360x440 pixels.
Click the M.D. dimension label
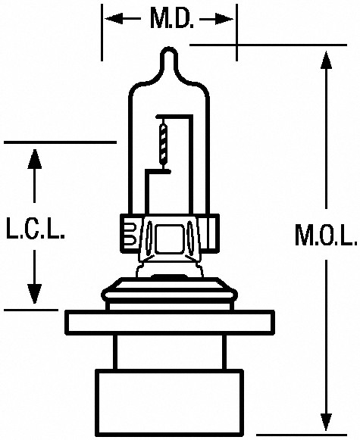pyautogui.click(x=172, y=19)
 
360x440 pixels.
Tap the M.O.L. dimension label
pyautogui.click(x=326, y=234)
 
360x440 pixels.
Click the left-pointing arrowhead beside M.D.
pyautogui.click(x=114, y=19)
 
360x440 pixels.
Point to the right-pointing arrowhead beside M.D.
pyautogui.click(x=224, y=20)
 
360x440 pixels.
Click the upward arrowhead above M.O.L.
pyautogui.click(x=326, y=60)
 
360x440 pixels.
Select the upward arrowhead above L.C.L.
pyautogui.click(x=35, y=159)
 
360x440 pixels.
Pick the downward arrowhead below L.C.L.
pyautogui.click(x=35, y=294)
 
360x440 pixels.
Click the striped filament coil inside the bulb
pyautogui.click(x=163, y=143)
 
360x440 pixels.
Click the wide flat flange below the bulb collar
pyautogui.click(x=170, y=323)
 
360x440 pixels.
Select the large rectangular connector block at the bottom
pyautogui.click(x=170, y=403)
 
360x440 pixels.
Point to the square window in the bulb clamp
pyautogui.click(x=169, y=238)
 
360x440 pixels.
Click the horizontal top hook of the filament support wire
pyautogui.click(x=174, y=116)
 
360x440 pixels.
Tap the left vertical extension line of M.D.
pyautogui.click(x=102, y=33)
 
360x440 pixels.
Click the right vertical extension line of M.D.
pyautogui.click(x=236, y=33)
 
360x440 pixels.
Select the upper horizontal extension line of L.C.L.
pyautogui.click(x=60, y=142)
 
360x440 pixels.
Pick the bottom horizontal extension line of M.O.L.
pyautogui.click(x=302, y=435)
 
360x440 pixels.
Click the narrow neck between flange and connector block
pyautogui.click(x=170, y=352)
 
